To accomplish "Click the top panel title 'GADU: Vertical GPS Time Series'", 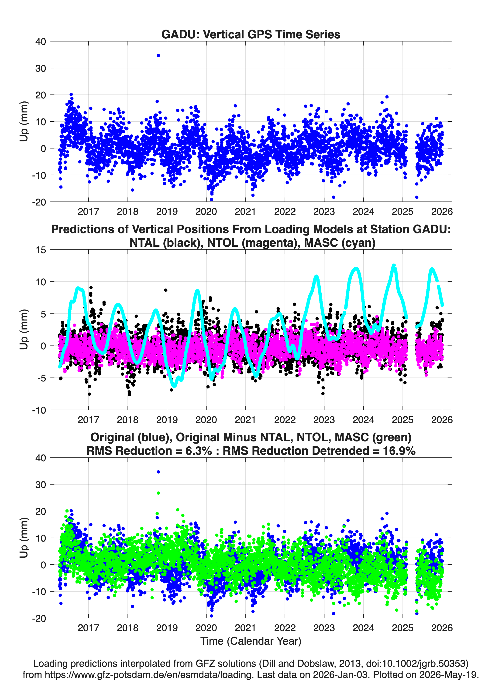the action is click(251, 34).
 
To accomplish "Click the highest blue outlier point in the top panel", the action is click(158, 55).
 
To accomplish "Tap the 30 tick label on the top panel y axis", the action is click(41, 68).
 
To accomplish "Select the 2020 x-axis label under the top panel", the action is click(206, 212).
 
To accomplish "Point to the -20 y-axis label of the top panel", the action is click(39, 202).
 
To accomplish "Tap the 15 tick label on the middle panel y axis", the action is click(41, 250).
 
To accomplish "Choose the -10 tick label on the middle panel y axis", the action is click(39, 410).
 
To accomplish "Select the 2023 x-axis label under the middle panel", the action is click(324, 420).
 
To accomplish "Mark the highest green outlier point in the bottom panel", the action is click(158, 493).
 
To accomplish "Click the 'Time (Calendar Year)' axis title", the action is click(251, 641).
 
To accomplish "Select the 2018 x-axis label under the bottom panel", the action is click(127, 628).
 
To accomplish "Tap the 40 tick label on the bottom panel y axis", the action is click(41, 458).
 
